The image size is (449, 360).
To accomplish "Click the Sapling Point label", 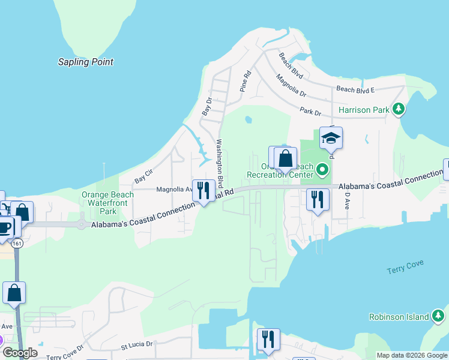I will (85, 62).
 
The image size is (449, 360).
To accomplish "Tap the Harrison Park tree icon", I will (397, 109).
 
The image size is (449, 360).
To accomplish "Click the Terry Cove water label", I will (406, 264).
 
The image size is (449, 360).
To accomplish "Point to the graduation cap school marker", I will (331, 139).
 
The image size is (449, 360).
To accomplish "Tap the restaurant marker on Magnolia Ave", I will (203, 190).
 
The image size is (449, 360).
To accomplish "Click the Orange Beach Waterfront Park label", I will (99, 203).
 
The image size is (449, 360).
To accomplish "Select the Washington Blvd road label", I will (220, 163).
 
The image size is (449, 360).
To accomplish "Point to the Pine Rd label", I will (245, 81).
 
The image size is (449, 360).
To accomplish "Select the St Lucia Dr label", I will (137, 345).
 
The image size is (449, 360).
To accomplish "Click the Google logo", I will (19, 353).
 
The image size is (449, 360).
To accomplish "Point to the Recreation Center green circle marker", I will (322, 170).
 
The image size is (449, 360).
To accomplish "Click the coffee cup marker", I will (5, 227).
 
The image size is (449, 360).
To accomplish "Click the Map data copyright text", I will (411, 355).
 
